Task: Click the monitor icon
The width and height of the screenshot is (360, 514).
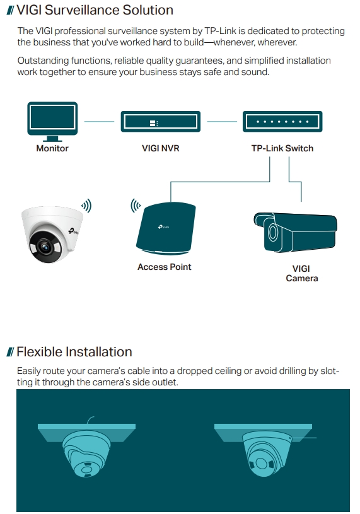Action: [x=52, y=121]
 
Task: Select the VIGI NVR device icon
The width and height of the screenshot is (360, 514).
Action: [x=161, y=121]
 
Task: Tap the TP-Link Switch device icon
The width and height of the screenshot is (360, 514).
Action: [x=282, y=121]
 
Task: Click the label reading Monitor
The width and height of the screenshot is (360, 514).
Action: [x=52, y=148]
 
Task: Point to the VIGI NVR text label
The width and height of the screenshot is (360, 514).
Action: [x=161, y=148]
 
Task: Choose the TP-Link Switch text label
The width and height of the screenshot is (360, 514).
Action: [x=282, y=148]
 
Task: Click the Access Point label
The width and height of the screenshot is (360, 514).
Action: [x=164, y=267]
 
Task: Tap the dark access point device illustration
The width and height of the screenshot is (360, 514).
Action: [x=166, y=228]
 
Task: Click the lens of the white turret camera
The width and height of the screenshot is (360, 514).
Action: [x=44, y=247]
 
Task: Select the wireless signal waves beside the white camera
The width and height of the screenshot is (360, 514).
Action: [x=87, y=206]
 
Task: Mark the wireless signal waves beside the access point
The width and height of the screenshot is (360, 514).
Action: [x=136, y=206]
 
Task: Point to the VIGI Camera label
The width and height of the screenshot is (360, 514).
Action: [x=302, y=273]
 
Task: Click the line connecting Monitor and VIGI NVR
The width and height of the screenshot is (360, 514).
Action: [x=99, y=121]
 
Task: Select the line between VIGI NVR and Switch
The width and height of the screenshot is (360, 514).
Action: [x=222, y=121]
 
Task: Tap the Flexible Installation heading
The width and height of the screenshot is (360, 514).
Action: [x=74, y=352]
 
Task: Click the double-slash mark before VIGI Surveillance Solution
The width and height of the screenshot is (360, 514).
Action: [x=11, y=11]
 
